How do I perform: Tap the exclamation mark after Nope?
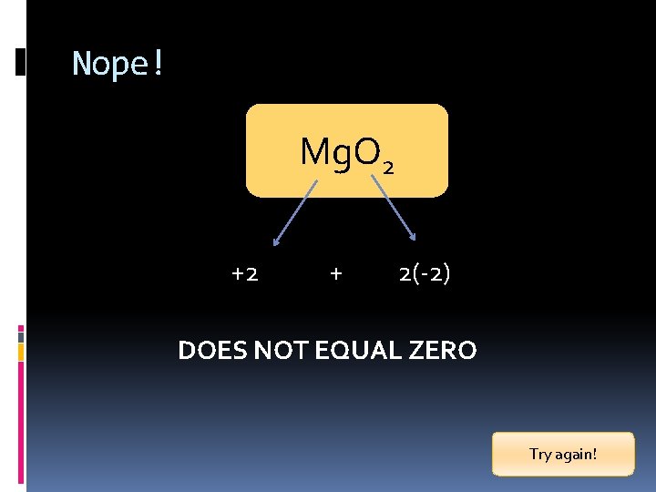(158, 64)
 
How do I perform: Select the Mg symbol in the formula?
(322, 152)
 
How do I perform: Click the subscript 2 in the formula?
(388, 168)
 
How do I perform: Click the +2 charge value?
(243, 273)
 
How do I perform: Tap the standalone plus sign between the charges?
(336, 273)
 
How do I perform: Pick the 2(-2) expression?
(424, 273)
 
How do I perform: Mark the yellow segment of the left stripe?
(21, 351)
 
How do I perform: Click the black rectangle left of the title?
(21, 62)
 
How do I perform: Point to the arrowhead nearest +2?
(276, 243)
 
